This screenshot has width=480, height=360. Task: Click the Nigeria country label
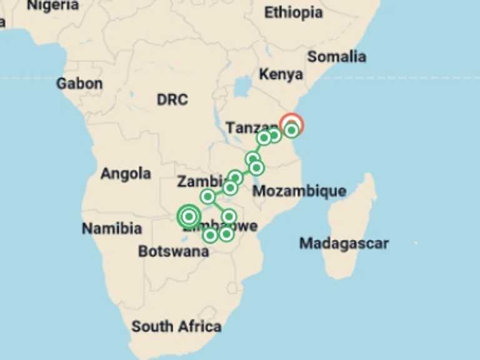[x=53, y=6]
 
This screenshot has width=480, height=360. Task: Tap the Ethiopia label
[x=293, y=12]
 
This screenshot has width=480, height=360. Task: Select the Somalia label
[x=336, y=56]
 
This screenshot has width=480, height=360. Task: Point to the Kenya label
[x=281, y=74]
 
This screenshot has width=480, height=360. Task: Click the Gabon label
[x=79, y=83]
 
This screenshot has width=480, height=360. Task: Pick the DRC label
[x=172, y=99]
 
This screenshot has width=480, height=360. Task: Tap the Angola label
[x=126, y=174]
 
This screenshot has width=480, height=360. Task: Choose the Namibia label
[x=112, y=229]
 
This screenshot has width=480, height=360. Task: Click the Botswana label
[x=173, y=252]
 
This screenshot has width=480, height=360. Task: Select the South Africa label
[x=176, y=326]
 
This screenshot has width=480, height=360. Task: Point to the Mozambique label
[x=299, y=191]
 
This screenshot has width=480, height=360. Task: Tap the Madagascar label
[x=344, y=243]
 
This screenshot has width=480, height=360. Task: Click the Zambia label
[x=199, y=182]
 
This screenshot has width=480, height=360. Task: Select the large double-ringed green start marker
[x=188, y=216]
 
